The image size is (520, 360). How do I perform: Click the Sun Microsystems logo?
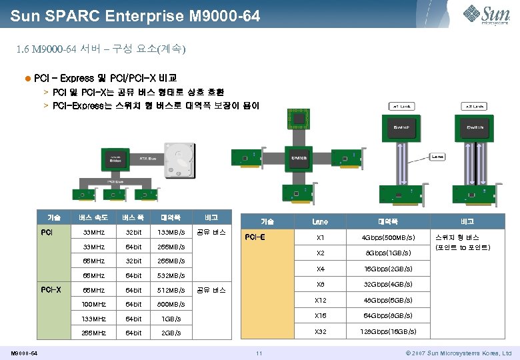point(487,13)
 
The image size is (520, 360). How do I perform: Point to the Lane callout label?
point(437,157)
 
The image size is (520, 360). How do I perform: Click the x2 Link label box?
point(475,107)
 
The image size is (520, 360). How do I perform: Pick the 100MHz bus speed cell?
point(93,304)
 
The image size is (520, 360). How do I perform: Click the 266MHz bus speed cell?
point(93,333)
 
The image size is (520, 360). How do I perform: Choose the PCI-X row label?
point(51,290)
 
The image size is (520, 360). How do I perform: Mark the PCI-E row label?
point(255,237)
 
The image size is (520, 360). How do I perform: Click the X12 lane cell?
point(320,300)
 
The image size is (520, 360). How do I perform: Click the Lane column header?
point(320,221)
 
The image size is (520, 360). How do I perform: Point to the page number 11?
point(260,352)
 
